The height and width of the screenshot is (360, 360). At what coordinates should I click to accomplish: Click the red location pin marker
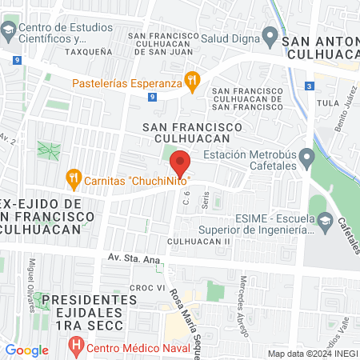point(181,162)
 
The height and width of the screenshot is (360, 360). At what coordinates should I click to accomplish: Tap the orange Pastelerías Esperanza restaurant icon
point(191,80)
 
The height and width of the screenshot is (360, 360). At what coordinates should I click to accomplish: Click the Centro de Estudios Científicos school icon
point(9,32)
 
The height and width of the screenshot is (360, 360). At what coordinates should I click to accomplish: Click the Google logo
point(26,350)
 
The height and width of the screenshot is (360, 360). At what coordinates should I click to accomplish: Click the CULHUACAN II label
point(199,241)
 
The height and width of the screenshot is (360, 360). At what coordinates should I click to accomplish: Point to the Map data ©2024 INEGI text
point(312,353)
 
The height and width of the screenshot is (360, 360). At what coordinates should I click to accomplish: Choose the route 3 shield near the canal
point(309,86)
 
